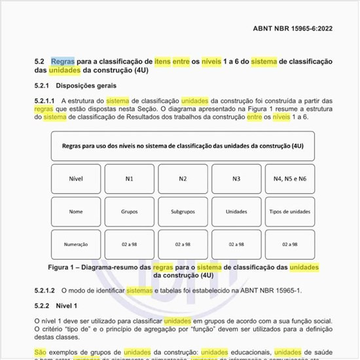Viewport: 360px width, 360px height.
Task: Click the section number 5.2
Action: pos(40,61)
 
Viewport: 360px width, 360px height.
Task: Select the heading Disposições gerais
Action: pos(86,85)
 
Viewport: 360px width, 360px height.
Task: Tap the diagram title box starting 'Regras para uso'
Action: pos(183,146)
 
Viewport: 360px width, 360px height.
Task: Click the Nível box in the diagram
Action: pos(76,179)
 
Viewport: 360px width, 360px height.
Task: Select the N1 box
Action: pos(130,179)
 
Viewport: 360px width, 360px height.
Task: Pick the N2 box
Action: pos(183,179)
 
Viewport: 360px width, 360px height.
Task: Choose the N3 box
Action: pos(236,179)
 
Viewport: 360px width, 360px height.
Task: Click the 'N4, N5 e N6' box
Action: pos(290,179)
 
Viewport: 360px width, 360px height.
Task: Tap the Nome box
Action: pos(76,211)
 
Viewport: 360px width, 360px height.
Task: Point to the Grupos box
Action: pos(130,211)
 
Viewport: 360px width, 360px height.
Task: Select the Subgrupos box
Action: pos(183,211)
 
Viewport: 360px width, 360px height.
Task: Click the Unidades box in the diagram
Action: pos(236,211)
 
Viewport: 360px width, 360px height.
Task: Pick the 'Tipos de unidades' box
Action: pos(290,211)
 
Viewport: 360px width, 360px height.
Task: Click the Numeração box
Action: pos(76,244)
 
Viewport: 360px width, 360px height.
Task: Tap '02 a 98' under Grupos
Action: pos(130,244)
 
